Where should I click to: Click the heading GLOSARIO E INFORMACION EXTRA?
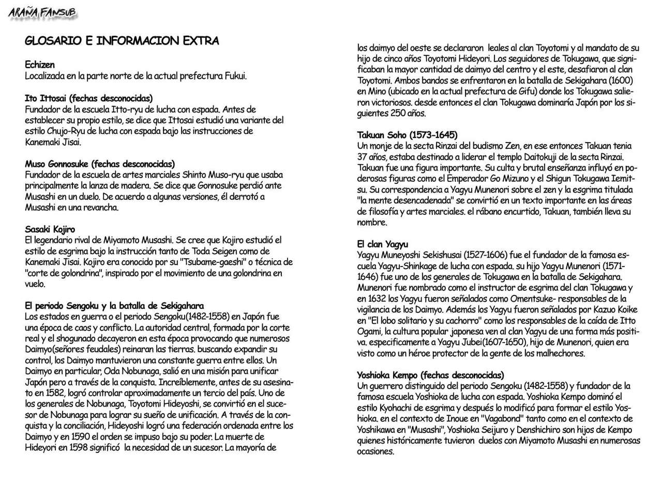(122, 41)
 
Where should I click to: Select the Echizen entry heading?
(39, 65)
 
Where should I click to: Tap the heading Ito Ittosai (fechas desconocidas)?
(88, 98)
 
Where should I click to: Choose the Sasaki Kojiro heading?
(50, 229)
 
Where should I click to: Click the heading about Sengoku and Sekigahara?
(114, 305)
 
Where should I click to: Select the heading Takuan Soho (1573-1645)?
(407, 135)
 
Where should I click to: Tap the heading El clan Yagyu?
(383, 244)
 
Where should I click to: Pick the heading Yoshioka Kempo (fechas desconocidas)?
(430, 375)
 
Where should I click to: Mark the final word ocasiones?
(375, 451)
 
